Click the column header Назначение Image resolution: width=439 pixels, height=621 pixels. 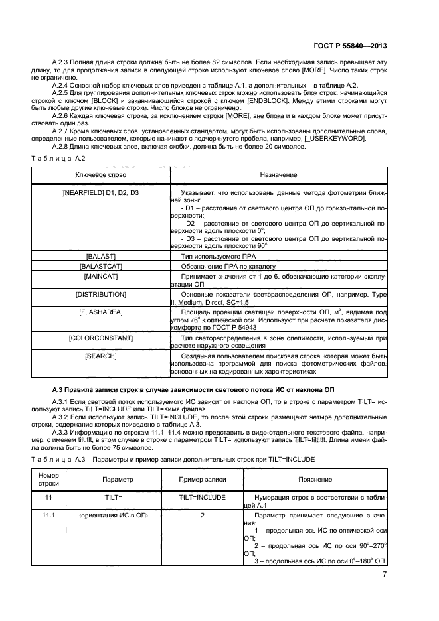(279, 174)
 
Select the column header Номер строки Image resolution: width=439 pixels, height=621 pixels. (48, 479)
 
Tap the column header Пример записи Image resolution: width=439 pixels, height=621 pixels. (203, 479)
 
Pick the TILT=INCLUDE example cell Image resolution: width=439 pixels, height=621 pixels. (203, 496)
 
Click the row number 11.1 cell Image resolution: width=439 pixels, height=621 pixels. (48, 515)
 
